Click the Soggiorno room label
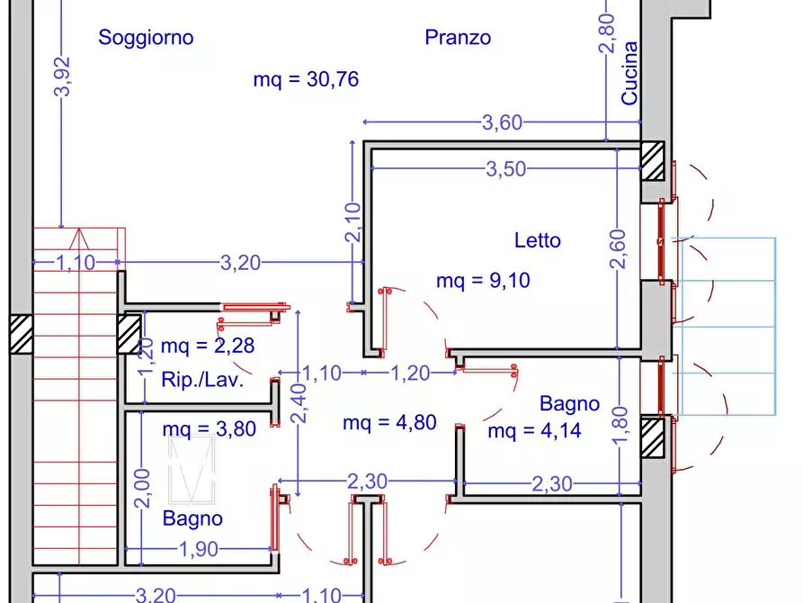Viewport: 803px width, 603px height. pyautogui.click(x=146, y=38)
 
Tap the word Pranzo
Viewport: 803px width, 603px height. pyautogui.click(x=458, y=38)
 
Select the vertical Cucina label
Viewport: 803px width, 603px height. pyautogui.click(x=630, y=73)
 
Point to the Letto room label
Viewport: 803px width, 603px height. pyautogui.click(x=538, y=240)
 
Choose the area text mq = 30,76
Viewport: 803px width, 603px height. pyautogui.click(x=306, y=80)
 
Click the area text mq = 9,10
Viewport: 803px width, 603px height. pyautogui.click(x=483, y=281)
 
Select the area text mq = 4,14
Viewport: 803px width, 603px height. pyautogui.click(x=534, y=431)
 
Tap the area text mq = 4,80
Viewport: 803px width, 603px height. pyautogui.click(x=389, y=423)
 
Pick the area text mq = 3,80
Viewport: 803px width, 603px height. pyautogui.click(x=209, y=429)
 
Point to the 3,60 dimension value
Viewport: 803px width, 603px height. pyautogui.click(x=502, y=124)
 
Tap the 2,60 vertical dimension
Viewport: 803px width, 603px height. pyautogui.click(x=618, y=249)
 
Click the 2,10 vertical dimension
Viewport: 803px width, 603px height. pyautogui.click(x=352, y=221)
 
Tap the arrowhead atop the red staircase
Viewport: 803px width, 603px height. pyautogui.click(x=77, y=238)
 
